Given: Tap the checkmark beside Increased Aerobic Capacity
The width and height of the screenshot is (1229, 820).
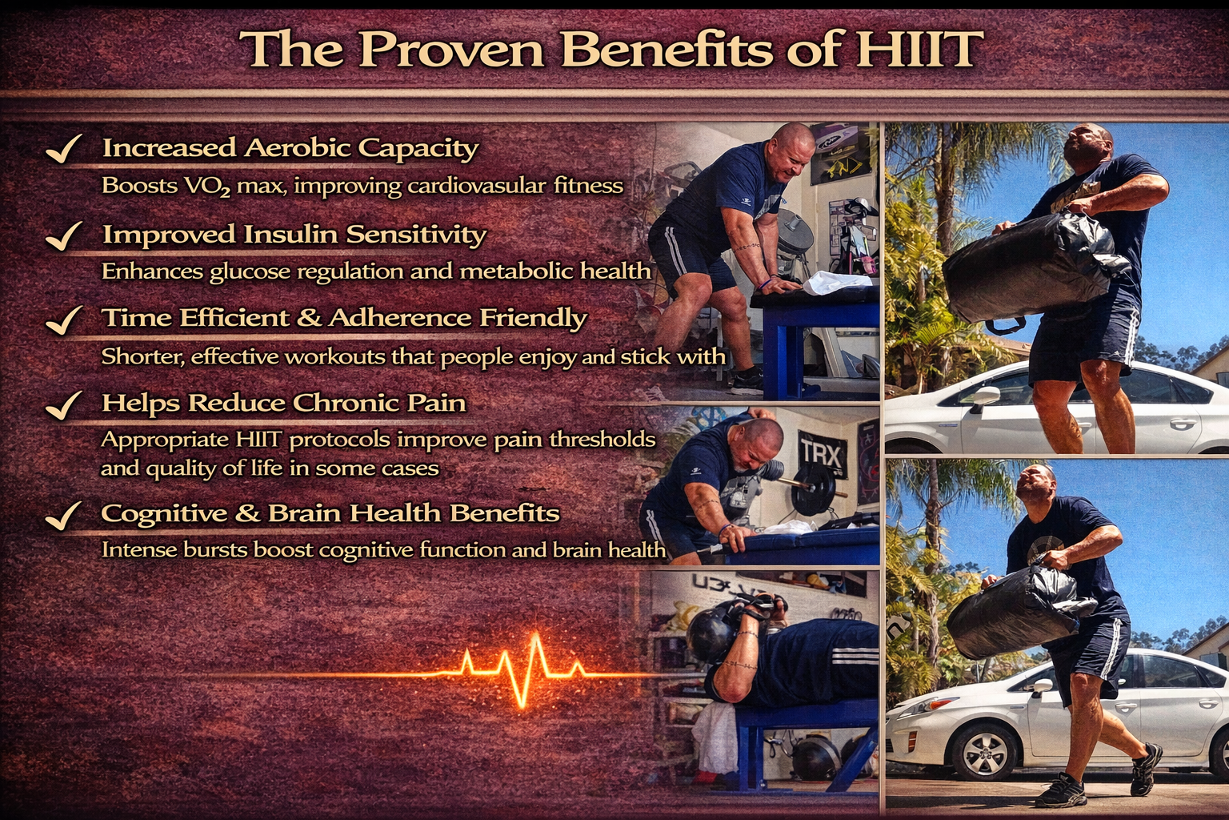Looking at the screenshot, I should coord(64,149).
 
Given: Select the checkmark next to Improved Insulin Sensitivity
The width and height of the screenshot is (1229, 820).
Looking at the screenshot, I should coord(64,236).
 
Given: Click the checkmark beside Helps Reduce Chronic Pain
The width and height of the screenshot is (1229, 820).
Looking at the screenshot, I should coord(64,405).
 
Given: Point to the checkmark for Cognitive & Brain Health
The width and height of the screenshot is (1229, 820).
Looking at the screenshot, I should coord(64,516).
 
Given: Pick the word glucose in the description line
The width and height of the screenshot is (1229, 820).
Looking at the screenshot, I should coord(250,272).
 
